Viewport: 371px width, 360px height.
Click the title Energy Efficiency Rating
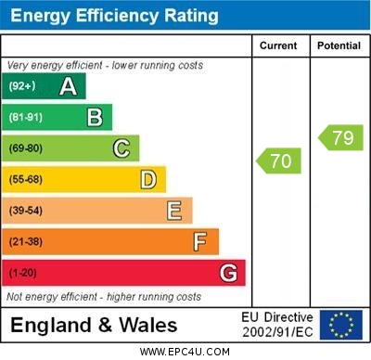pyautogui.click(x=113, y=16)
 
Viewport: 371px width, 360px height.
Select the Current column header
pyautogui.click(x=278, y=45)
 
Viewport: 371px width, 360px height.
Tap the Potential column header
pyautogui.click(x=338, y=45)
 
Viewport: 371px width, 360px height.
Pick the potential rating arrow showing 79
pyautogui.click(x=340, y=138)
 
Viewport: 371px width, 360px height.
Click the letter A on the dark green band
pyautogui.click(x=68, y=87)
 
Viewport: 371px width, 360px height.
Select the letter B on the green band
pyautogui.click(x=95, y=117)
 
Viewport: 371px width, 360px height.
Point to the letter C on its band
pyautogui.click(x=122, y=148)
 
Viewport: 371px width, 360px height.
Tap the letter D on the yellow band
pyautogui.click(x=148, y=179)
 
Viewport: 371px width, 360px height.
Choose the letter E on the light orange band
pyautogui.click(x=174, y=211)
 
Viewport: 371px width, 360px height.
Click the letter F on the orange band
pyautogui.click(x=200, y=242)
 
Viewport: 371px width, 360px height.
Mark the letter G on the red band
pyautogui.click(x=227, y=274)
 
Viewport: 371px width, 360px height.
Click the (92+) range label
pyautogui.click(x=23, y=87)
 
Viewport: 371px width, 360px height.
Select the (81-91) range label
pyautogui.click(x=27, y=118)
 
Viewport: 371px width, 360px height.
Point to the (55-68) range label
pyautogui.click(x=27, y=180)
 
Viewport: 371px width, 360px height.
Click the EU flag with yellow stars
pyautogui.click(x=341, y=325)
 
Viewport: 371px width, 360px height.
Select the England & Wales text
pyautogui.click(x=94, y=326)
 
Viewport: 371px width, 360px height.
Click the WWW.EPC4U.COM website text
pyautogui.click(x=184, y=352)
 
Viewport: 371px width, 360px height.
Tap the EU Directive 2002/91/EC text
pyautogui.click(x=277, y=325)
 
